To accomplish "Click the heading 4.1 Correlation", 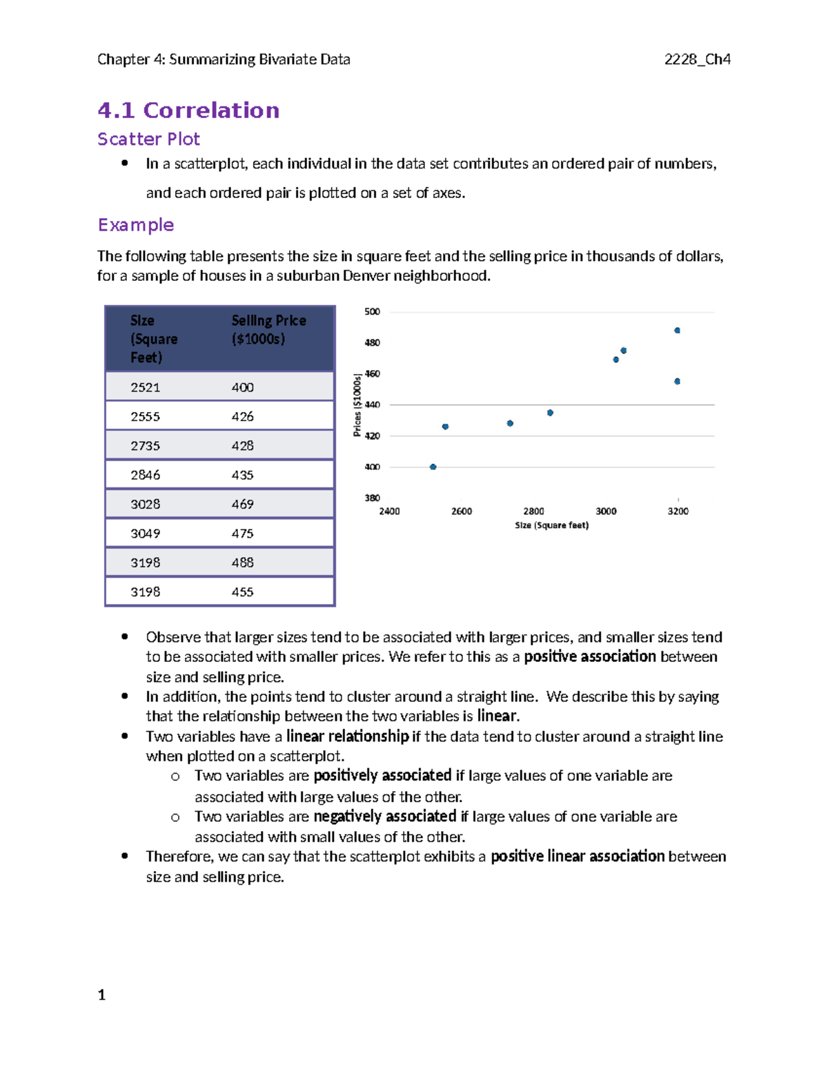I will tap(188, 110).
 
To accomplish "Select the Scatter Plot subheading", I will tap(148, 139).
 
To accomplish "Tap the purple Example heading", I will tap(135, 225).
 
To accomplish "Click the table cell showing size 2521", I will tap(146, 387).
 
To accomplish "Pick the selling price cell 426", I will tap(242, 416).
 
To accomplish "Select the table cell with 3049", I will tap(146, 534).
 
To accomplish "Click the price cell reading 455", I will tap(242, 592).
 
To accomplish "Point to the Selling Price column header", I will tap(268, 329).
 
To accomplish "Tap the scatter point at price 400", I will tap(433, 467).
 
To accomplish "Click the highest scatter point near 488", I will tap(677, 331).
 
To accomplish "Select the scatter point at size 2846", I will tap(550, 413).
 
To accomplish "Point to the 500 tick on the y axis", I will tap(372, 312).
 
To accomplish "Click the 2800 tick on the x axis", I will tap(533, 511).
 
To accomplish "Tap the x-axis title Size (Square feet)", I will tap(551, 525).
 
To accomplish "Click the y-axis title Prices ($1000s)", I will tap(357, 405).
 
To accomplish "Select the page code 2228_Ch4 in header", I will tap(697, 59).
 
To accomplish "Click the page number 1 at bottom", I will tap(101, 995).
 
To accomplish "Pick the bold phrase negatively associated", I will tap(384, 817).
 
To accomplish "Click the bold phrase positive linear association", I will tap(578, 857).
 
